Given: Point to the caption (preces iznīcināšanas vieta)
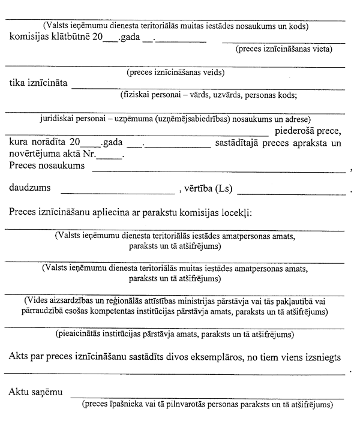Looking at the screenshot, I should click(x=284, y=49).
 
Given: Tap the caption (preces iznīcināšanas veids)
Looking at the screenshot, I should click(x=175, y=73).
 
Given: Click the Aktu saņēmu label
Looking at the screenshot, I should click(x=35, y=393).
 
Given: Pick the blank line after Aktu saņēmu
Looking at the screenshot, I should click(x=207, y=396).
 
